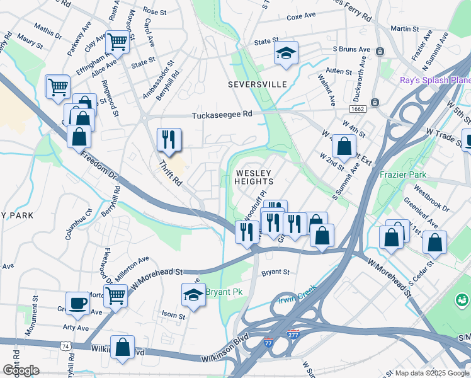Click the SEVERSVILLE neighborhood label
click(x=257, y=84)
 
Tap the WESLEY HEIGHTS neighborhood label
click(x=254, y=177)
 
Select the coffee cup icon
click(x=78, y=303)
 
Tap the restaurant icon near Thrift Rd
click(x=169, y=140)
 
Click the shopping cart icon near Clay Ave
click(x=117, y=42)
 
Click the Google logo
click(x=21, y=370)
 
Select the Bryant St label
click(x=275, y=273)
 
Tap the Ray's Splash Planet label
click(x=435, y=80)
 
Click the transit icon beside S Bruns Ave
click(x=380, y=50)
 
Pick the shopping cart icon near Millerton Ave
click(x=115, y=294)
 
